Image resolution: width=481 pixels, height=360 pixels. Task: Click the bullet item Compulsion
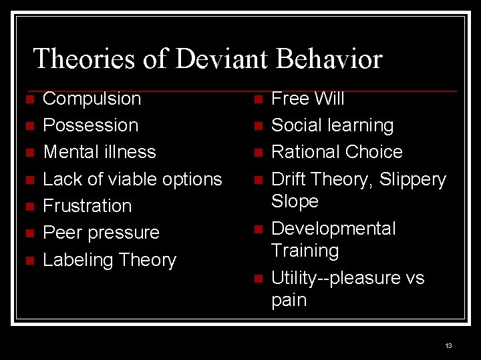tap(92, 99)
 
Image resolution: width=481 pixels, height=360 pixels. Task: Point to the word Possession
tap(90, 125)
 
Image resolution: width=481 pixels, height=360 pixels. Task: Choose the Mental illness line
tap(99, 152)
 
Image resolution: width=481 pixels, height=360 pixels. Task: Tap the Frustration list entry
tap(87, 205)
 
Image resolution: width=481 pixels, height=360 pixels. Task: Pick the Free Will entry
tap(307, 99)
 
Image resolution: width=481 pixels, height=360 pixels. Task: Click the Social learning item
tap(332, 125)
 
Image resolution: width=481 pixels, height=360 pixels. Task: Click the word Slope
tap(295, 201)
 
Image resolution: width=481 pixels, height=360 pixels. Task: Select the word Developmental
tap(333, 229)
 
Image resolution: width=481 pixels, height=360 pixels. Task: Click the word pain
tap(289, 300)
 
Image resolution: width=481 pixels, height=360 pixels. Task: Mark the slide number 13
tap(448, 345)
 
